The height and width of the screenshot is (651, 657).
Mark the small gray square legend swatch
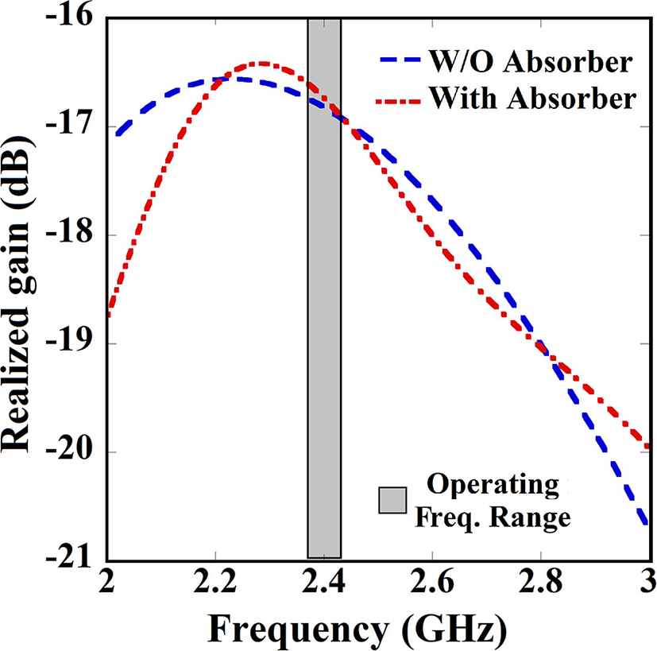click(391, 501)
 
